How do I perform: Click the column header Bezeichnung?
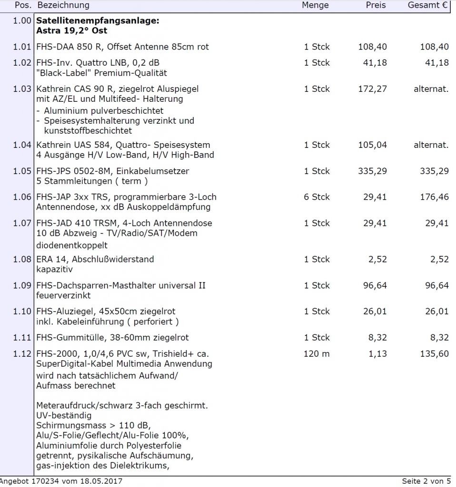(63, 5)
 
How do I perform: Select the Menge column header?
(315, 5)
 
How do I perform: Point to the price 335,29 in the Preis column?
(372, 171)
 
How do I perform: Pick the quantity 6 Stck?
(317, 197)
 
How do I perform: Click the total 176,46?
(434, 197)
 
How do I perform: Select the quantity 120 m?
(316, 354)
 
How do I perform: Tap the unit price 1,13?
(378, 354)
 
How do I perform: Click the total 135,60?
(434, 354)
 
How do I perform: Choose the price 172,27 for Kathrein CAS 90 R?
(372, 89)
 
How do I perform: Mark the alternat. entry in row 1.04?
(431, 145)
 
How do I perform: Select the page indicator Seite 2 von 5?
(426, 481)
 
